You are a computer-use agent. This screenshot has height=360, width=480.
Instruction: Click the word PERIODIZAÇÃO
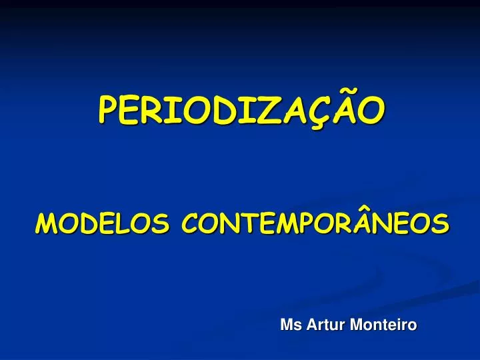point(241,111)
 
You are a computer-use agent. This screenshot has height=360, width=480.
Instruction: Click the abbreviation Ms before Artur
point(291,325)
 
